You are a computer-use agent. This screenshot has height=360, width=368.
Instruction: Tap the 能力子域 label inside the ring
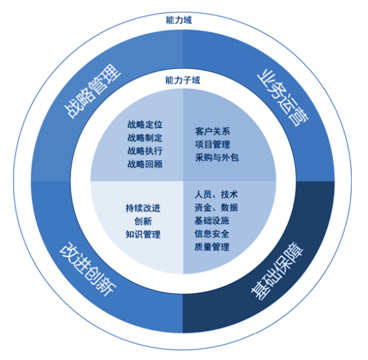coord(182,81)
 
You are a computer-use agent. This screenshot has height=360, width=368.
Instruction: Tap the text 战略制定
coord(145,137)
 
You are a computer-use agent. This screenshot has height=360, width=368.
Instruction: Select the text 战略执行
coord(145,150)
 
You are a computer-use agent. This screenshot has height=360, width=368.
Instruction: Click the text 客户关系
coord(212,130)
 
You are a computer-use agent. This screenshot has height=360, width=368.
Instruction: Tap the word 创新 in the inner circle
coord(143,221)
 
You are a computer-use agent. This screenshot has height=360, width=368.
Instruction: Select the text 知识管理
coord(143,234)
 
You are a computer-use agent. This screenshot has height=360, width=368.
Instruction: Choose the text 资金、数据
coord(216,208)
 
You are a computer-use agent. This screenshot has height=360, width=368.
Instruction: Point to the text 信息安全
coord(212,234)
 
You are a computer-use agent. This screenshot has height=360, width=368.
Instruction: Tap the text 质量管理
coord(212,247)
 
